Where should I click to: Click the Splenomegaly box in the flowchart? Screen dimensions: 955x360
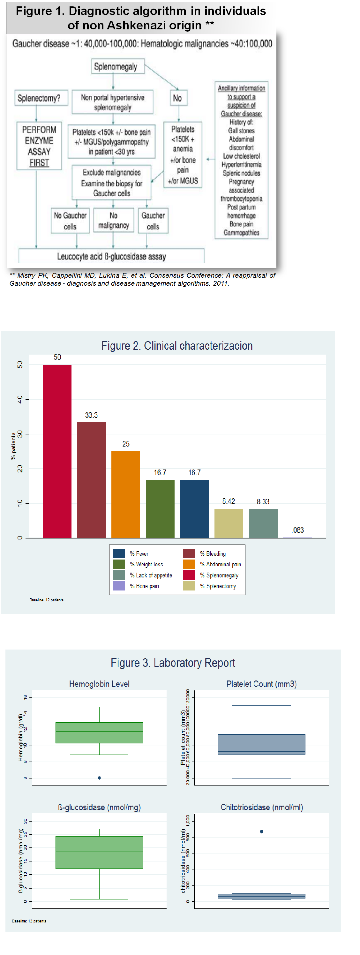pyautogui.click(x=116, y=67)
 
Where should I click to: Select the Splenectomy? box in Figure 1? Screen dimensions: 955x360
pyautogui.click(x=39, y=98)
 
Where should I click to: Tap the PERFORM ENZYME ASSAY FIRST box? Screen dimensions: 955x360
pyautogui.click(x=39, y=146)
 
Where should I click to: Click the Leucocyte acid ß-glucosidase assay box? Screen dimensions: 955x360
pyautogui.click(x=111, y=256)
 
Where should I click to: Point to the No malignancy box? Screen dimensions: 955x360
pyautogui.click(x=113, y=221)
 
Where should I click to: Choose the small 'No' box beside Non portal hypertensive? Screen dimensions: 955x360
pyautogui.click(x=177, y=98)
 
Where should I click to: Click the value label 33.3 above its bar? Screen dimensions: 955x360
pyautogui.click(x=91, y=415)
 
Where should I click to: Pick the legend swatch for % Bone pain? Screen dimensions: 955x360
pyautogui.click(x=119, y=586)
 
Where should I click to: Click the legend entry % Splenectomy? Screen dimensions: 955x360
pyautogui.click(x=218, y=586)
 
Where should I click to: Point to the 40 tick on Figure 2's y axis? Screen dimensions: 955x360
pyautogui.click(x=20, y=399)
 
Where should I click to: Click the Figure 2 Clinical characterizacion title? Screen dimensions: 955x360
pyautogui.click(x=177, y=346)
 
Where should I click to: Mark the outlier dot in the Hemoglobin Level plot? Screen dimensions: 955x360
pyautogui.click(x=99, y=778)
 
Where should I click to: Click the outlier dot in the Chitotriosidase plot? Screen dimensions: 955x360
pyautogui.click(x=262, y=831)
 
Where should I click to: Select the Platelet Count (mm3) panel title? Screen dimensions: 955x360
pyautogui.click(x=261, y=684)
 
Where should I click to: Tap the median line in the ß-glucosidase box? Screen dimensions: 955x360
pyautogui.click(x=99, y=852)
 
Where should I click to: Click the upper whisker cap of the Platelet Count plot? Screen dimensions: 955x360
pyautogui.click(x=262, y=705)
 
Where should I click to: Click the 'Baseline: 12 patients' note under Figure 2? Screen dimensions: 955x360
pyautogui.click(x=47, y=600)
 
